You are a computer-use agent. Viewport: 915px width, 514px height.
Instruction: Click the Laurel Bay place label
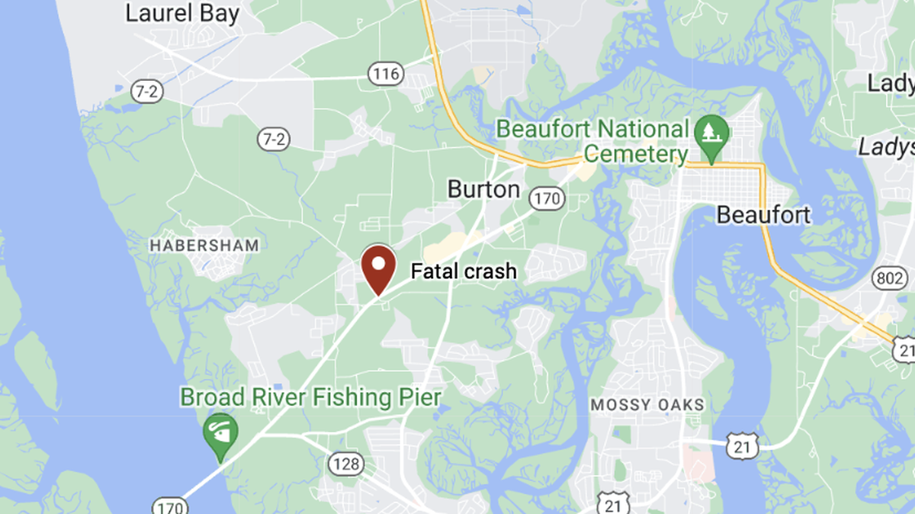[182, 13]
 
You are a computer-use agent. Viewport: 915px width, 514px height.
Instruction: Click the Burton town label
[483, 188]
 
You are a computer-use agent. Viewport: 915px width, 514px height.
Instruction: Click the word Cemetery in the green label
[634, 156]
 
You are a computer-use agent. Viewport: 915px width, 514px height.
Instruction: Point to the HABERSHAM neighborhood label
[204, 246]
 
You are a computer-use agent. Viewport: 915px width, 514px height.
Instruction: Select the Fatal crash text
[464, 271]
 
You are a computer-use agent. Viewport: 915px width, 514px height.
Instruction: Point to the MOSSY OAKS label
[647, 405]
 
